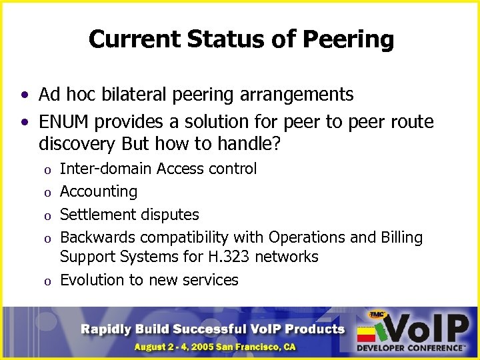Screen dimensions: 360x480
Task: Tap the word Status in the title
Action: pyautogui.click(x=228, y=39)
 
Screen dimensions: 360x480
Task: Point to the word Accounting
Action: pyautogui.click(x=99, y=192)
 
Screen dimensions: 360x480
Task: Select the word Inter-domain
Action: pyautogui.click(x=106, y=169)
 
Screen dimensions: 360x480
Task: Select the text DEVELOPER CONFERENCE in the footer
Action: pyautogui.click(x=411, y=347)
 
